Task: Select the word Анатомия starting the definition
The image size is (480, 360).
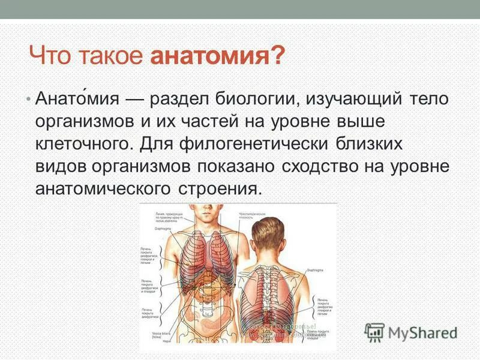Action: pyautogui.click(x=79, y=99)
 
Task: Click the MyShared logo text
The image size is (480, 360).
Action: pyautogui.click(x=423, y=332)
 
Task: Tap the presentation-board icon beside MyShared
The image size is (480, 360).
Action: pyautogui.click(x=375, y=332)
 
